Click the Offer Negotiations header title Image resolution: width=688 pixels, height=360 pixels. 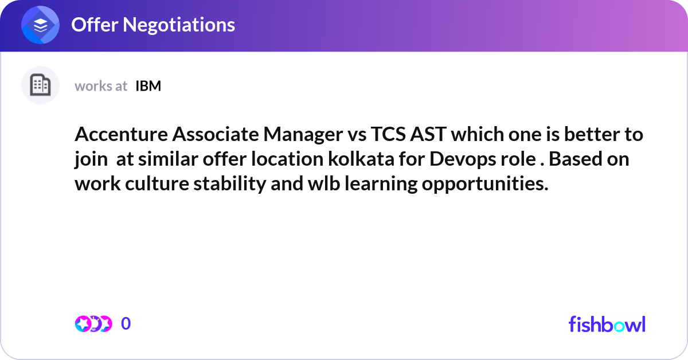[x=153, y=25]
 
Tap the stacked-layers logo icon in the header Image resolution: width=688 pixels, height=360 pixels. [x=41, y=25]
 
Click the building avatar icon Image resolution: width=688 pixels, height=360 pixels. [x=40, y=85]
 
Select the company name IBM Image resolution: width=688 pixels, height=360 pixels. [x=148, y=86]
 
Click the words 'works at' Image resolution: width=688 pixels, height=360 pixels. [x=101, y=86]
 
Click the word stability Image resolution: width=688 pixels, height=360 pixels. [x=221, y=184]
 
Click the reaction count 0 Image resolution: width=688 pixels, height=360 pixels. [x=126, y=324]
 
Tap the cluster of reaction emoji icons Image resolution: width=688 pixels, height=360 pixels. [x=93, y=324]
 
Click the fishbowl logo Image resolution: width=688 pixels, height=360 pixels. [x=607, y=324]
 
